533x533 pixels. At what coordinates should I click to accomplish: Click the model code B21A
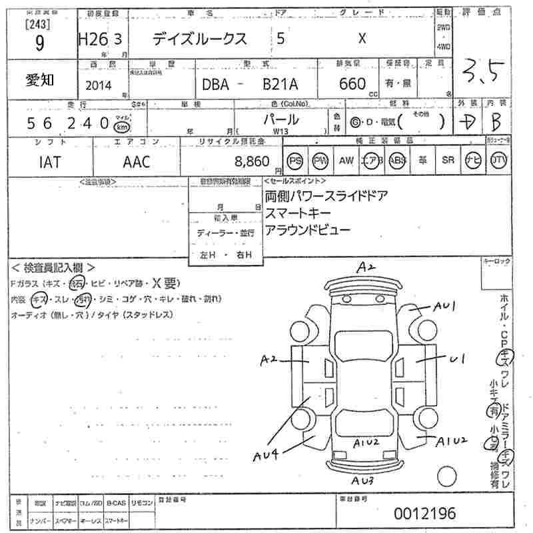point(281,85)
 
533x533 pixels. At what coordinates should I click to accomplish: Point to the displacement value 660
point(352,84)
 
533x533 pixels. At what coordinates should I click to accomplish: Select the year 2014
point(100,85)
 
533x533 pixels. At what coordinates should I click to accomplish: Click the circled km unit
point(121,127)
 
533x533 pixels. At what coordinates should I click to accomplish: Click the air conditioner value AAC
point(137,162)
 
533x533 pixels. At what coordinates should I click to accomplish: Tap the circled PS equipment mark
point(294,161)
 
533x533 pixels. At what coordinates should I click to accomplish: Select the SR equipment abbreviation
point(447,161)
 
